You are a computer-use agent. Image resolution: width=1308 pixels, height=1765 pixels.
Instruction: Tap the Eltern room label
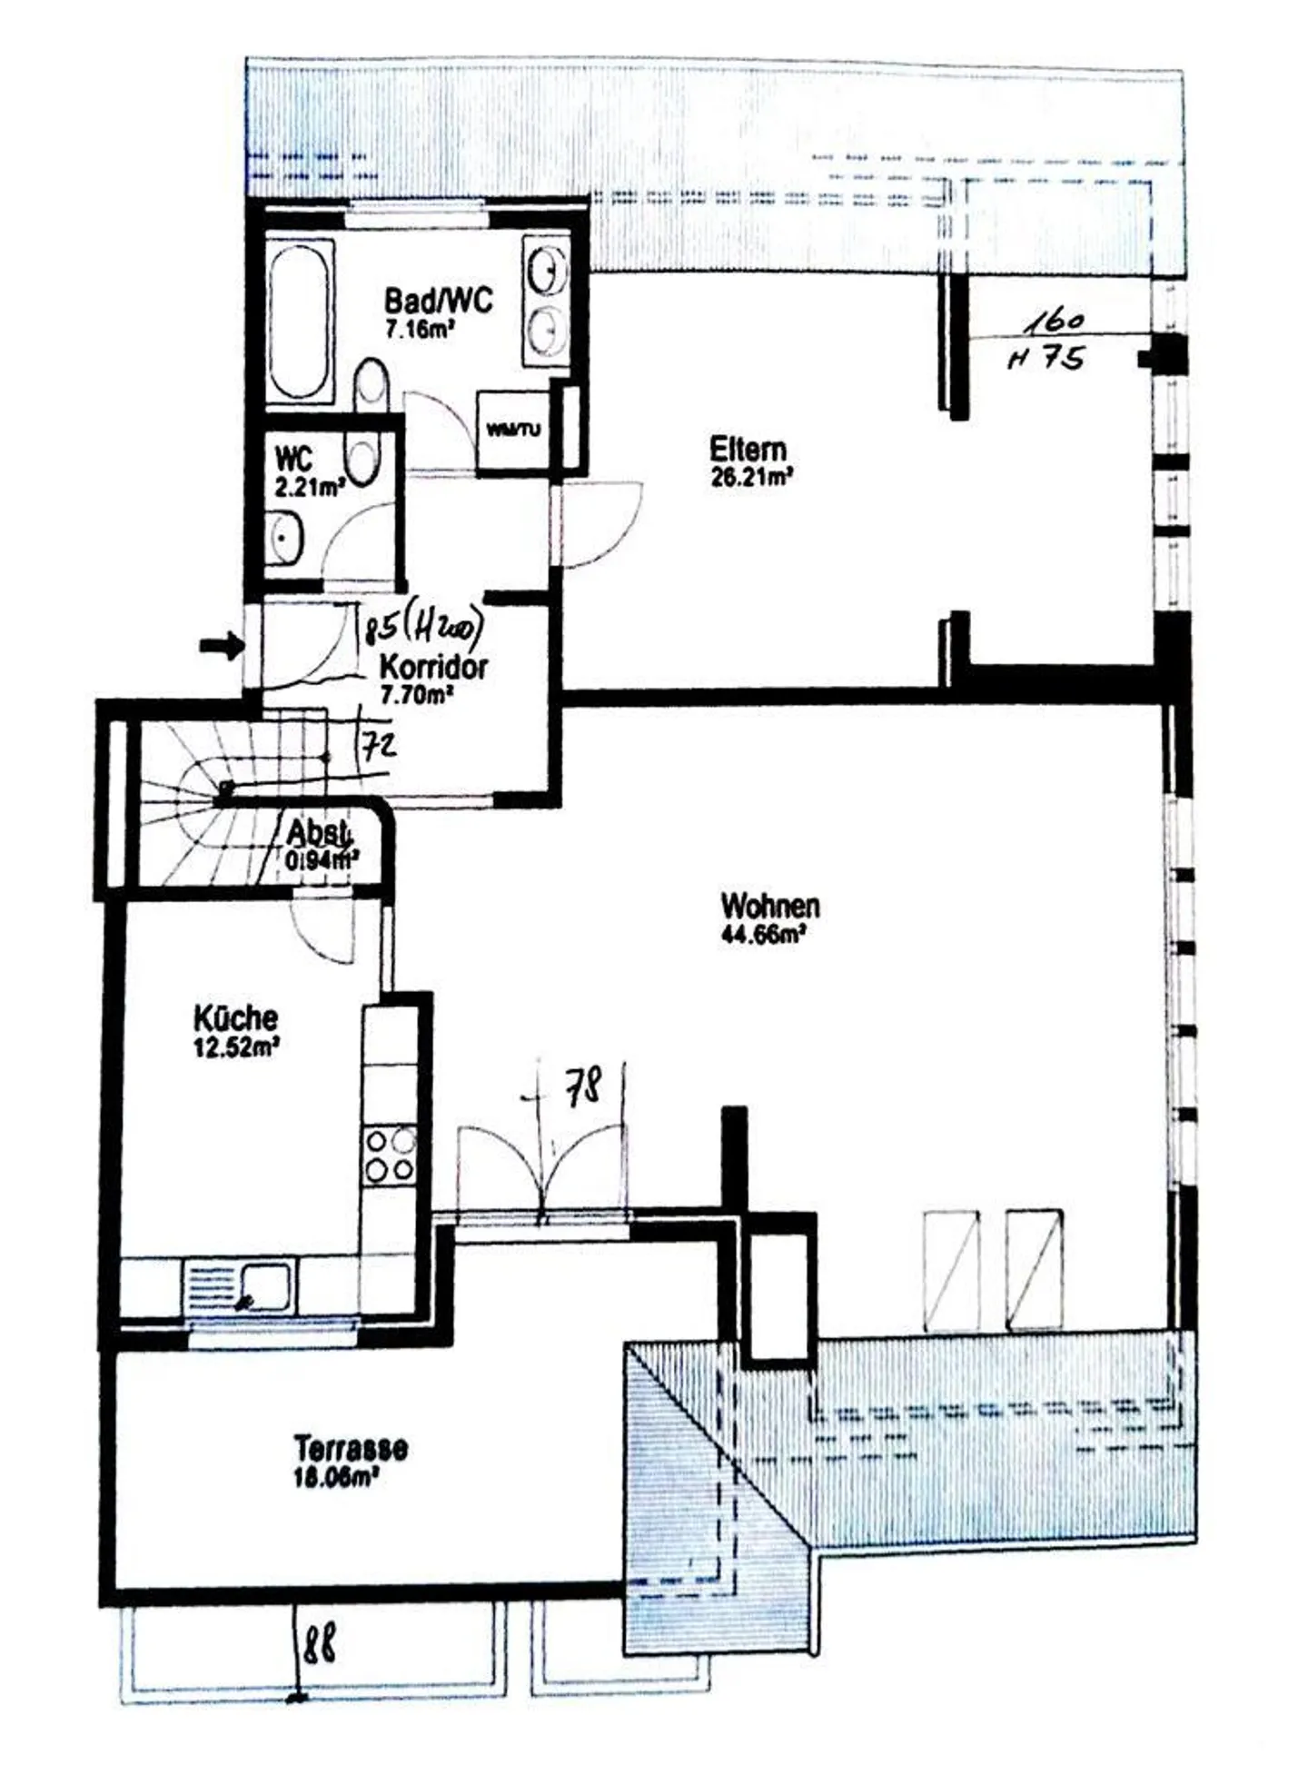click(x=748, y=450)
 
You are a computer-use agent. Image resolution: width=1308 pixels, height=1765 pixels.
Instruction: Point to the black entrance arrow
click(x=222, y=647)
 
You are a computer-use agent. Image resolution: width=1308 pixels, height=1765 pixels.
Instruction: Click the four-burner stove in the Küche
click(x=390, y=1155)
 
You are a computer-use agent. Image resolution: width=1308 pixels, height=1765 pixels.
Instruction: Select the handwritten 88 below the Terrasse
click(x=319, y=1643)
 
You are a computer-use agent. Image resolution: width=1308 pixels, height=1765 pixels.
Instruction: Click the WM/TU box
click(x=513, y=431)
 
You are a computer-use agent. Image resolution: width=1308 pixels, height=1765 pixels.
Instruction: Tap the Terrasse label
click(x=350, y=1447)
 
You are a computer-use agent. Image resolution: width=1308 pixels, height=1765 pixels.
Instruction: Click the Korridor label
click(x=432, y=668)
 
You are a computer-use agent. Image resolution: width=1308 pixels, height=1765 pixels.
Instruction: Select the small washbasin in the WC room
click(x=285, y=538)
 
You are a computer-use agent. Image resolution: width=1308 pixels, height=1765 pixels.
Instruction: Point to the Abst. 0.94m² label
click(x=321, y=845)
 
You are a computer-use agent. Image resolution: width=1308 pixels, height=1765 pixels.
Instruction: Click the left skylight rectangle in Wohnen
click(x=951, y=1270)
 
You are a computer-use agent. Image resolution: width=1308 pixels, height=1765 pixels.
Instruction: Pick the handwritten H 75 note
click(x=1045, y=359)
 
